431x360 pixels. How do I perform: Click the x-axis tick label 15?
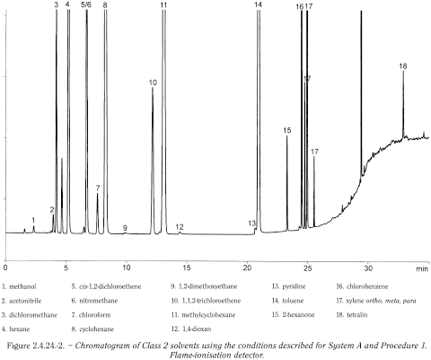187,268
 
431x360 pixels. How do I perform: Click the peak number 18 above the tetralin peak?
403,66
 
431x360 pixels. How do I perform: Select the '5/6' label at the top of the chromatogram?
86,5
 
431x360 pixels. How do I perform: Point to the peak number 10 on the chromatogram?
153,83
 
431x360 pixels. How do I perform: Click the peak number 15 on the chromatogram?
287,131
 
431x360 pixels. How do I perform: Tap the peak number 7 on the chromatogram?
97,189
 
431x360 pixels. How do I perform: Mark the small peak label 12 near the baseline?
180,226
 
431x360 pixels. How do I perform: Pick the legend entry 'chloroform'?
98,316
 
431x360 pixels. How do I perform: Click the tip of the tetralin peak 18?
403,72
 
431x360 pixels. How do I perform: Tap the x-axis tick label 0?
5,268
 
